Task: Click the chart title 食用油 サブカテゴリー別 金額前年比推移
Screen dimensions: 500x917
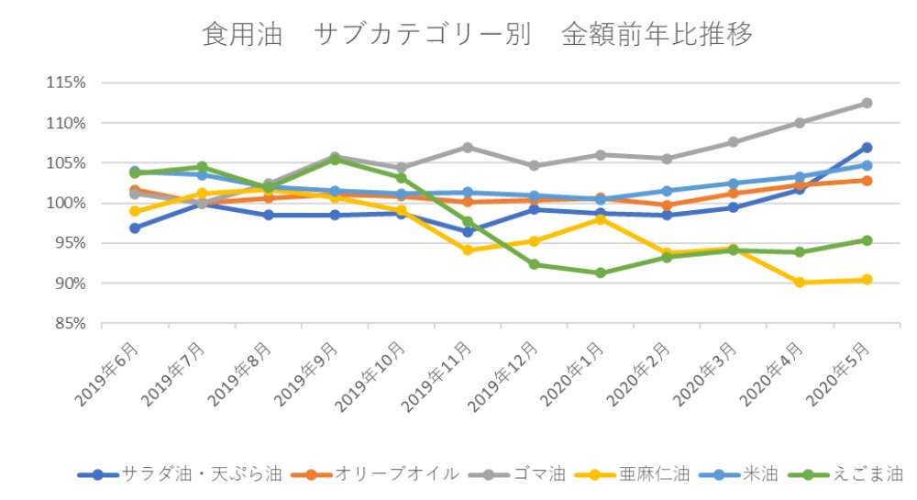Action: [x=478, y=35]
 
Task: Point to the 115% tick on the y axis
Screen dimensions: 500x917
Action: [x=66, y=83]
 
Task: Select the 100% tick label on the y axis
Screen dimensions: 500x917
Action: [x=66, y=203]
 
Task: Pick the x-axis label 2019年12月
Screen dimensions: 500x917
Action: [x=509, y=372]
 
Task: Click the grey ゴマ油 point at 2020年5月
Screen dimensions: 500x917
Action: [x=867, y=103]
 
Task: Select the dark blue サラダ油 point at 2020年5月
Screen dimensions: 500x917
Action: [x=867, y=147]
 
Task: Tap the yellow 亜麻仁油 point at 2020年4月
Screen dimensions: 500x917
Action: [x=800, y=283]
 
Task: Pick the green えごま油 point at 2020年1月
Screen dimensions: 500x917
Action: [x=601, y=272]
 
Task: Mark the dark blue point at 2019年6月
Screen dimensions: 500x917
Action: [x=135, y=228]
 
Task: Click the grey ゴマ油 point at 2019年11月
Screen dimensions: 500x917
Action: [x=468, y=147]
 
